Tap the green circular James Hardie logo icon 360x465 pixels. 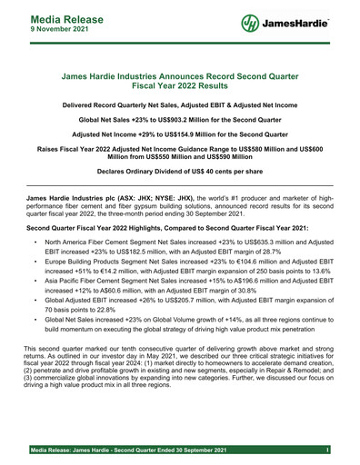pyautogui.click(x=252, y=22)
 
